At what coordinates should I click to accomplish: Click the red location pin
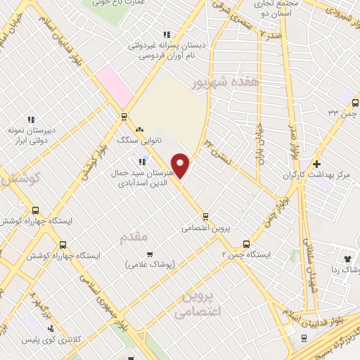point(181,165)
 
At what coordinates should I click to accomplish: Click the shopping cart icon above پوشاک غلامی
point(149,254)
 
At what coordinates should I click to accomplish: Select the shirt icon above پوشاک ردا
point(347,259)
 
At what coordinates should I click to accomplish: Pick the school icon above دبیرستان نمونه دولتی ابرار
point(30,120)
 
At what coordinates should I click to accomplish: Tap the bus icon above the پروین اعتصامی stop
point(205,216)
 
